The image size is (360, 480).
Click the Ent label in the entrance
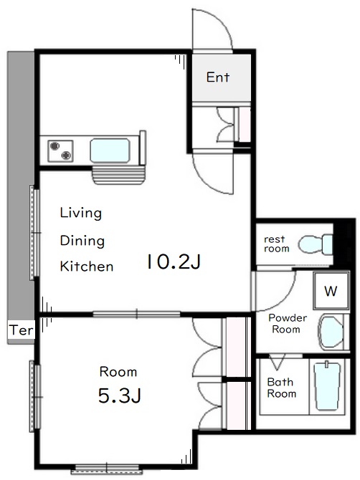pos(218,77)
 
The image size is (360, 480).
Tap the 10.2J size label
pos(174,261)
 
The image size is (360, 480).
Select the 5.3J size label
pos(120,395)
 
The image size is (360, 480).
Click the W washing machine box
pos(331,291)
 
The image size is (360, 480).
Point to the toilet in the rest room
pos(316,244)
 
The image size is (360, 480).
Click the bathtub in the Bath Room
pos(327,386)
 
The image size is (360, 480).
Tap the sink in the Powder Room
pos(331,332)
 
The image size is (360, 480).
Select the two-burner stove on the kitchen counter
pos(60,151)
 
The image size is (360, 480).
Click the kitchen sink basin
pos(110,150)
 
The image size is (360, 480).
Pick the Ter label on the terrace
pos(21,330)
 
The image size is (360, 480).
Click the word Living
pos(81,213)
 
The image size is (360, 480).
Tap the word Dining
pos(82,241)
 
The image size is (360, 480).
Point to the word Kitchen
pos(87,267)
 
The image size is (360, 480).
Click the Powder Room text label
pos(288,324)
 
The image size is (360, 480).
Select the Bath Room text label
pos(282,388)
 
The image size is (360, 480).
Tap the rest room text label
pos(277,244)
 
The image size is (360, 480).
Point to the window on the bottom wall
pos(107,469)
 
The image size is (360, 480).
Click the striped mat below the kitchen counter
pos(118,176)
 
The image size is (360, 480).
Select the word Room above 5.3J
pos(118,372)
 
